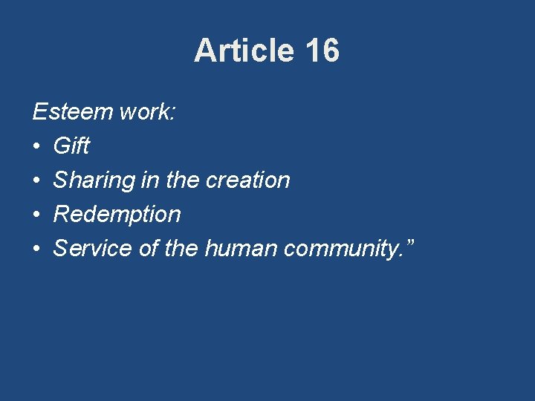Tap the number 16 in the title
pos(322,50)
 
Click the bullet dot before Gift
pos(37,146)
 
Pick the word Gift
pos(71,146)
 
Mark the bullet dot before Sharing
pos(37,180)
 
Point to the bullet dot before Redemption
pos(37,215)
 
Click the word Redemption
pos(117,215)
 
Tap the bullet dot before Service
pos(37,249)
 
